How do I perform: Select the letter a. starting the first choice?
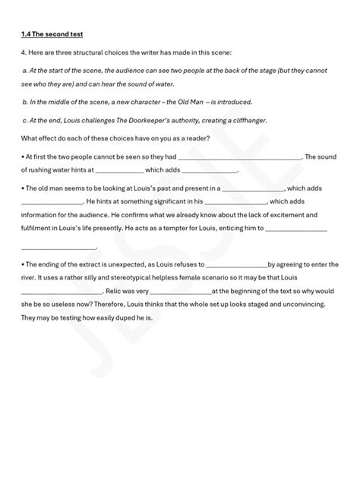25,70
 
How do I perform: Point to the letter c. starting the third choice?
25,118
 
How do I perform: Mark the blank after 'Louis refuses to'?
237,264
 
